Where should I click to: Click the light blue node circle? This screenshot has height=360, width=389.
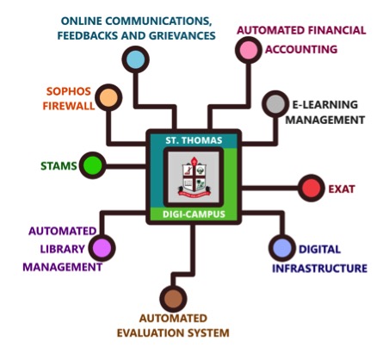tap(136, 59)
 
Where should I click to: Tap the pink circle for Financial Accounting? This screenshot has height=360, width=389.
tap(249, 50)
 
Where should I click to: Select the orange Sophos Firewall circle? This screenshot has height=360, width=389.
tap(108, 97)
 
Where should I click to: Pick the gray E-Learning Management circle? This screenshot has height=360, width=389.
tap(275, 104)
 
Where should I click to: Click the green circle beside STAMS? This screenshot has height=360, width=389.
tap(93, 165)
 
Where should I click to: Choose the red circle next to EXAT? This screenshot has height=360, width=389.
tap(312, 188)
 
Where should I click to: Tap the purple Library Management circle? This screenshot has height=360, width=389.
tap(102, 248)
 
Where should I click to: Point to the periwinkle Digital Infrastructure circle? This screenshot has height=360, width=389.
tap(282, 248)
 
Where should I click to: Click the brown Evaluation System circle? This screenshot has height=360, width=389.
tap(173, 299)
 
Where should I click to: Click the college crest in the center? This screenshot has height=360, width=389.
tap(194, 177)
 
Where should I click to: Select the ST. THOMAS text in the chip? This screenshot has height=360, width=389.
tap(194, 140)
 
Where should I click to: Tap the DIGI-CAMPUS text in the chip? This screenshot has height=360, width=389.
tap(194, 214)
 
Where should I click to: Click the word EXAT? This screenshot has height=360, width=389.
tap(342, 189)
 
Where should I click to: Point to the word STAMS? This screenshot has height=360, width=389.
tap(59, 166)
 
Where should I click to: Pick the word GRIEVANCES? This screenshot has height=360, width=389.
tap(182, 35)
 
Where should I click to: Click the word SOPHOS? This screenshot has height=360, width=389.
tap(69, 91)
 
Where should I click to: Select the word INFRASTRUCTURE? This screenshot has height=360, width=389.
tap(319, 269)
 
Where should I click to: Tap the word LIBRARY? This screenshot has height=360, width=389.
tap(63, 249)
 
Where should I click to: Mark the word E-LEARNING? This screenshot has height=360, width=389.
tap(325, 105)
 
